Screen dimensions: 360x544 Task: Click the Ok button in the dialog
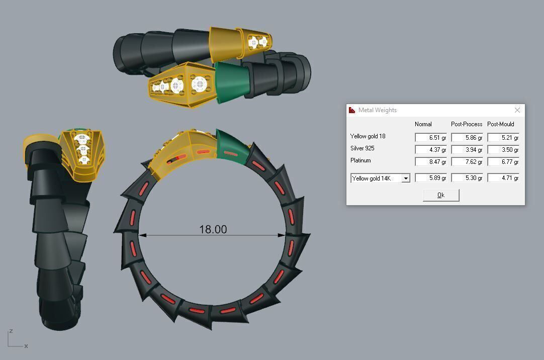(441, 195)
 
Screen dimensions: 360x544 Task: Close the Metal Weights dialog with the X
(517, 110)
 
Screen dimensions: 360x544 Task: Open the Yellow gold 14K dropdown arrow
(406, 178)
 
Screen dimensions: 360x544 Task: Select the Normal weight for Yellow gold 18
(431, 137)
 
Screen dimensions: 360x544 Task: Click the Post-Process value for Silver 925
(467, 149)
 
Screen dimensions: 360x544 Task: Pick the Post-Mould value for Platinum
(503, 161)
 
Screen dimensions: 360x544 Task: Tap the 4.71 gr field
(503, 178)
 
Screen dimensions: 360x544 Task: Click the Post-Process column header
(467, 124)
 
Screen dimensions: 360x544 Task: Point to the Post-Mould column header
(501, 124)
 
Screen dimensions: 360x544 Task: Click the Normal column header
(423, 124)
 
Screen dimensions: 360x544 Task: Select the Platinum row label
(360, 160)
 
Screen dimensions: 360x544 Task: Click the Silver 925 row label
(362, 148)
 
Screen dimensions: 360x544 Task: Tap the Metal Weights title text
(378, 110)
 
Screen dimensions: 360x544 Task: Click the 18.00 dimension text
(213, 229)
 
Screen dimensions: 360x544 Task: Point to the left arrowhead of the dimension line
(142, 235)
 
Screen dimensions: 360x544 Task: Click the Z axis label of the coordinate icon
(11, 331)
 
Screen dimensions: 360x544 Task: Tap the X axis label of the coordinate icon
(26, 346)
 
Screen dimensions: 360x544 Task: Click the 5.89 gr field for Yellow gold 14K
(431, 178)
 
